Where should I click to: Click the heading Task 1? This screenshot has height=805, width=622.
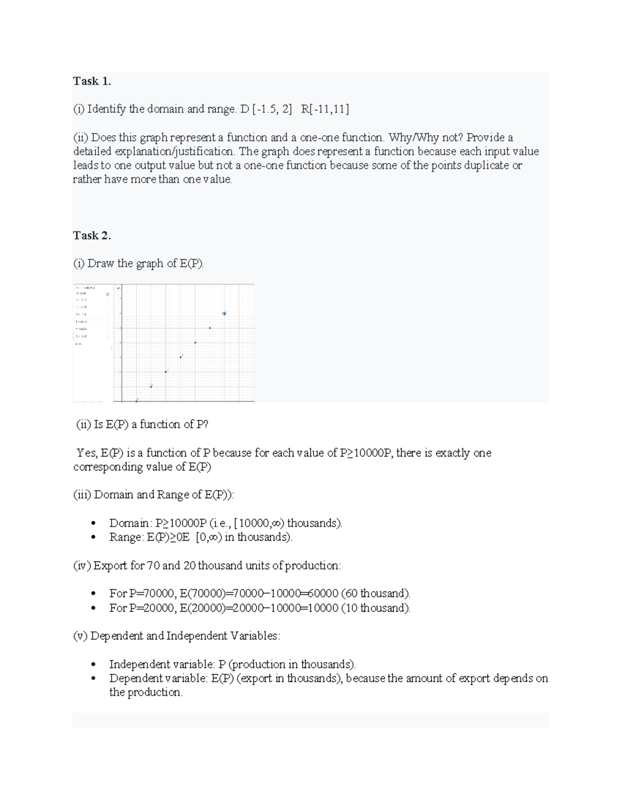(92, 81)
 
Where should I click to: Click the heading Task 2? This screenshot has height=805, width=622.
(92, 235)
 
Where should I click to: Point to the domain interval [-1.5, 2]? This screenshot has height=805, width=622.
(272, 109)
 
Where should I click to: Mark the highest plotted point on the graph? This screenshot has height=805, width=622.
(224, 313)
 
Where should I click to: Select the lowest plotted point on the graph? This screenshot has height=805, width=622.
(137, 400)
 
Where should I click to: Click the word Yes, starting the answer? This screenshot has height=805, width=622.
(87, 453)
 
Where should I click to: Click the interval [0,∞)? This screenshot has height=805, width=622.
(209, 537)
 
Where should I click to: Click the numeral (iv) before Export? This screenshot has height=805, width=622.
(82, 565)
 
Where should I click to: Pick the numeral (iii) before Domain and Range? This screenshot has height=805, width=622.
(82, 495)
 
